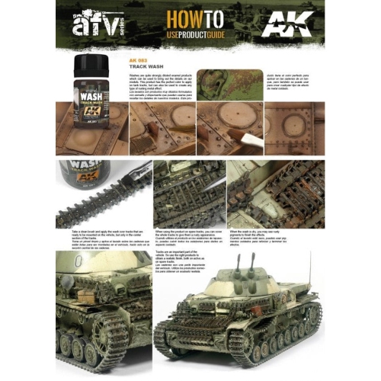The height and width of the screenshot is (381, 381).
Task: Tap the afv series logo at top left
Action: (91, 27)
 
